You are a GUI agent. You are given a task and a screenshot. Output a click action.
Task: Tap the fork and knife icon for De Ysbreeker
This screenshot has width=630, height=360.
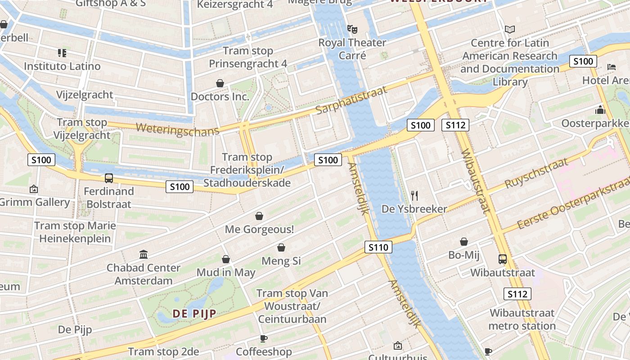[x=414, y=195]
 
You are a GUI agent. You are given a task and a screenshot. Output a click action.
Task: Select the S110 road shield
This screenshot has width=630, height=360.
[x=378, y=247]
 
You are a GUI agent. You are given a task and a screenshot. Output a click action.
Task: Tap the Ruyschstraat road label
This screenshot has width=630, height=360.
[x=536, y=173]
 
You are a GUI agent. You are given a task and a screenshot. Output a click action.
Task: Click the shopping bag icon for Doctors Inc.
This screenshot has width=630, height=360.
[x=220, y=83]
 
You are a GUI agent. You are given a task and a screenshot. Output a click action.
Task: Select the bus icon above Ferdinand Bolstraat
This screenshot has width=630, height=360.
[x=109, y=178]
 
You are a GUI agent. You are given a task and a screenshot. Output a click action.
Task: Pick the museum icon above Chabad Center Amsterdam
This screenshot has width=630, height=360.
[x=144, y=255]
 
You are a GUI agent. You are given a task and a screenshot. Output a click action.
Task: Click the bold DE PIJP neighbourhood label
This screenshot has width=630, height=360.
[x=194, y=314]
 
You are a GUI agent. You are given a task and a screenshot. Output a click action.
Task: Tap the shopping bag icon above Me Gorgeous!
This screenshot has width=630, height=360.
[x=259, y=216]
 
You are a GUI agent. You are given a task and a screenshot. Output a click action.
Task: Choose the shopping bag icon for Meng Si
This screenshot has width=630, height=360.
[x=281, y=247]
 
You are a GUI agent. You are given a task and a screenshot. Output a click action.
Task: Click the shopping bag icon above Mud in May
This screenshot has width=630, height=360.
[x=226, y=259]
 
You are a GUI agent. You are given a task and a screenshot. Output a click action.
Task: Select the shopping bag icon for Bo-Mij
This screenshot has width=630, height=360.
[x=464, y=242]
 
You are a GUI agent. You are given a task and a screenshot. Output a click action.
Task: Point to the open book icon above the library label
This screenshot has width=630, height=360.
[x=509, y=30]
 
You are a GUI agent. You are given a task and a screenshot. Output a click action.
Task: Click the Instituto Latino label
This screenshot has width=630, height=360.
[x=62, y=66]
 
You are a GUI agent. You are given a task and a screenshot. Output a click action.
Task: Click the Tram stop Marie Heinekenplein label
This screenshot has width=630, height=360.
[x=75, y=232]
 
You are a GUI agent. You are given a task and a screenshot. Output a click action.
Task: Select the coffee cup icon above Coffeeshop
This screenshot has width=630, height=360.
[x=264, y=338]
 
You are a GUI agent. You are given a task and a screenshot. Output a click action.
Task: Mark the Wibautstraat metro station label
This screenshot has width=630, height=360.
[x=522, y=319]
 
